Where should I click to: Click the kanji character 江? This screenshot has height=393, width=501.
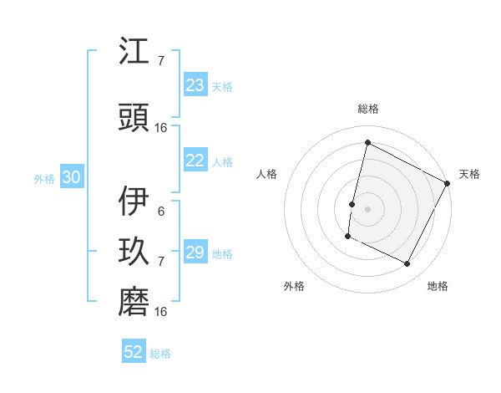click(x=135, y=53)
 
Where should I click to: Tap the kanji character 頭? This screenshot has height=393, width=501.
click(x=135, y=119)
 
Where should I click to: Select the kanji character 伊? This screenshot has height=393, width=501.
click(x=135, y=202)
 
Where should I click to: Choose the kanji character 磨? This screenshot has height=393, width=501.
click(x=135, y=303)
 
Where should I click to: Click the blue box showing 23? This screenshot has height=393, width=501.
click(x=195, y=85)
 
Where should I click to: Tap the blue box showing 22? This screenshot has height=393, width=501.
click(x=195, y=161)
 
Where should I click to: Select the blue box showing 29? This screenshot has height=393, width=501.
click(x=195, y=253)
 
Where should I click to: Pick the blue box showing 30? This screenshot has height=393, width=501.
click(x=71, y=177)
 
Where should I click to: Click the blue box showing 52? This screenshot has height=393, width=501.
click(x=134, y=352)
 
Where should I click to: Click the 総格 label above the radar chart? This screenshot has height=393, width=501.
click(x=367, y=109)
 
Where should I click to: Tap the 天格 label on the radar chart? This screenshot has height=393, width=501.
click(x=469, y=174)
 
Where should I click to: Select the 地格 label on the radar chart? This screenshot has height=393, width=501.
click(x=438, y=286)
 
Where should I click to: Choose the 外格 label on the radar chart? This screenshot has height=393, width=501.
click(x=294, y=286)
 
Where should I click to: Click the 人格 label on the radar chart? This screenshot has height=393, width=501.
click(x=266, y=174)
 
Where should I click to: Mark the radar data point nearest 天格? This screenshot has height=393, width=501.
click(x=448, y=183)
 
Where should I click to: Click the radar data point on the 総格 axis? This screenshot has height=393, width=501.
click(x=367, y=143)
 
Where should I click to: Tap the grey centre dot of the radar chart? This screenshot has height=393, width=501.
click(x=367, y=209)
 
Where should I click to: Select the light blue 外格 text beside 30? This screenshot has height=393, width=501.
click(x=44, y=178)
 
